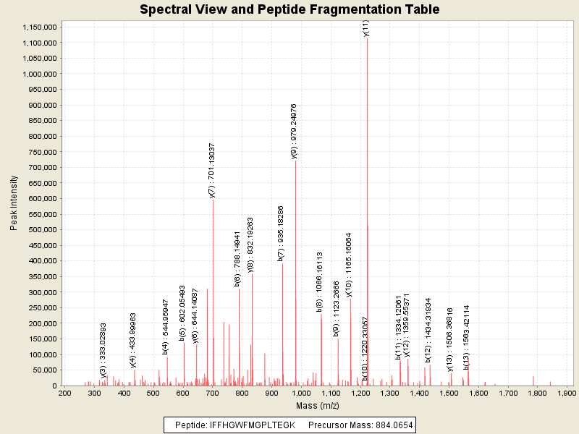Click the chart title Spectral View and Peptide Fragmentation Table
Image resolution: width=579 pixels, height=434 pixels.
(289, 10)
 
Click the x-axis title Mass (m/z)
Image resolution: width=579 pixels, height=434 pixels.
(317, 406)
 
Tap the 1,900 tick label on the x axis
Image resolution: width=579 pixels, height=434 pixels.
(566, 393)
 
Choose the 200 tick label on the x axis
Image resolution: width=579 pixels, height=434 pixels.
(64, 393)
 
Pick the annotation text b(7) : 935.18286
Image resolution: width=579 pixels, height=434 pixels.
(281, 233)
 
